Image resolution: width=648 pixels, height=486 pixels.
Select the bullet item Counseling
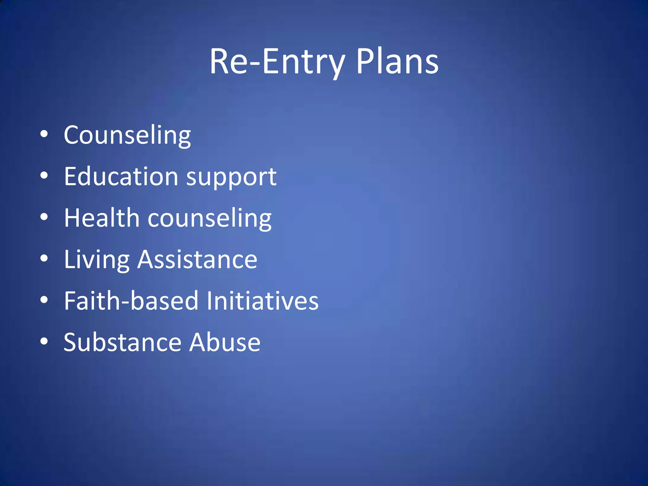(127, 135)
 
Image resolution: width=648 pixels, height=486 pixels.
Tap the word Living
(97, 260)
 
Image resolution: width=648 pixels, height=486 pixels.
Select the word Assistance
(197, 259)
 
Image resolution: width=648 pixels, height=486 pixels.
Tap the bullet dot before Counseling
(44, 134)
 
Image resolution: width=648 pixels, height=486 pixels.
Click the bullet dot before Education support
(44, 176)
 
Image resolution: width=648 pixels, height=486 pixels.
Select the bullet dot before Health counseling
(44, 217)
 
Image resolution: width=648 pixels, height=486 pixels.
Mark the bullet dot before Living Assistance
(44, 259)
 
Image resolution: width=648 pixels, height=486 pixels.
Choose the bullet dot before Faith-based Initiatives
(44, 300)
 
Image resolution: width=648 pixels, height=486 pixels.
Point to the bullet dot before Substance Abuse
(44, 341)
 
